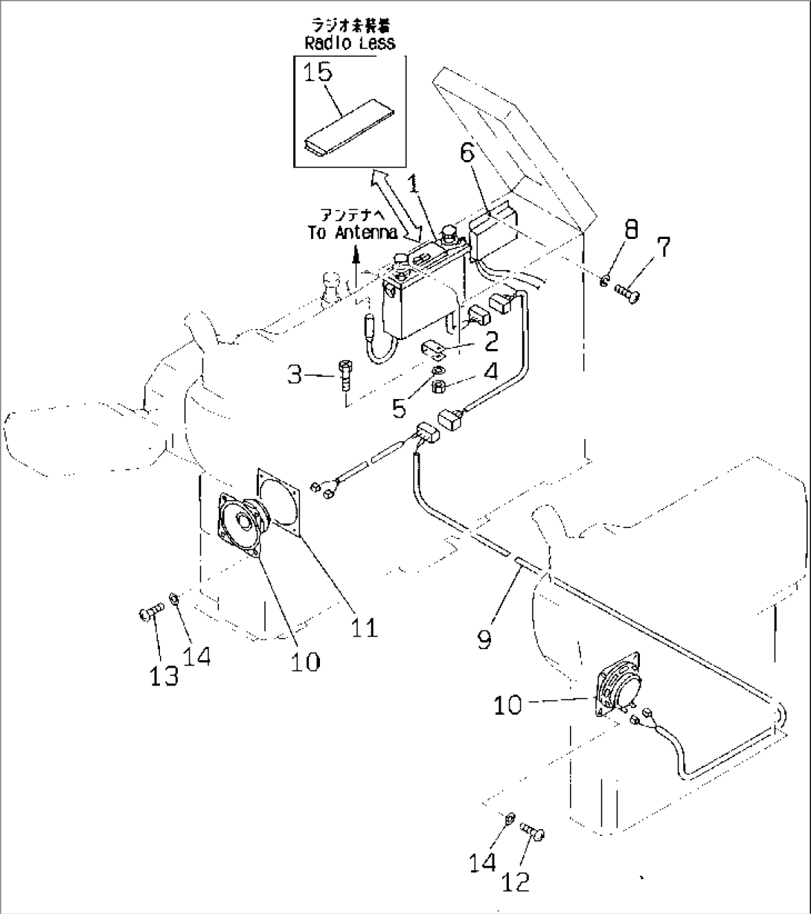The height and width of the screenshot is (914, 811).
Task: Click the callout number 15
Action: point(318,74)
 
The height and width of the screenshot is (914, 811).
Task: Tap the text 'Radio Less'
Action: point(350,43)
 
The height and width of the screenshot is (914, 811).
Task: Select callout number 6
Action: point(467,153)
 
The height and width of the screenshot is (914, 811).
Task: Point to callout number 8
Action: point(630,230)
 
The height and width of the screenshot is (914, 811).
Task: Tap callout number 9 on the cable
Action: point(484,639)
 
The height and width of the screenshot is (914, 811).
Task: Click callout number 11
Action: point(365,627)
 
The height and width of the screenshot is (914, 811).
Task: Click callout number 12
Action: point(516,881)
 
